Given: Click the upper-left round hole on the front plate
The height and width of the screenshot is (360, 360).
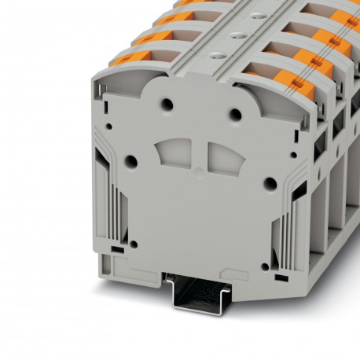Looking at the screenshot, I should (x=167, y=103).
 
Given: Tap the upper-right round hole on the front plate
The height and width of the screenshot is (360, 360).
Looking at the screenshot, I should (x=234, y=114).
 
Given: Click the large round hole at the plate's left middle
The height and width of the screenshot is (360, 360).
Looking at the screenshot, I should (x=131, y=160).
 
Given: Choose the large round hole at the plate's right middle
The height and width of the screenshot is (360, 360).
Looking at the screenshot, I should (x=270, y=183).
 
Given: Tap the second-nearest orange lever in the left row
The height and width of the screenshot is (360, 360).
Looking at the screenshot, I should (x=145, y=37).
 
